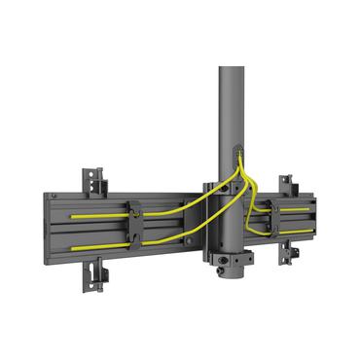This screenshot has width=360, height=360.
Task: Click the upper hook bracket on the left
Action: click(93, 179)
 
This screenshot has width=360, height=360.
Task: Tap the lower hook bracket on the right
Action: click(290, 252)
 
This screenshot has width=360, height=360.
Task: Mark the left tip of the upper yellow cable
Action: click(70, 216)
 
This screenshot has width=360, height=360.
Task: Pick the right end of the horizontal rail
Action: click(316, 220)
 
